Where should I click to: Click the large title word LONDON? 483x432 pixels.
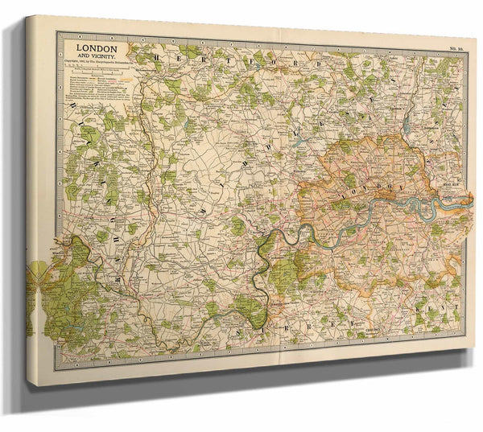(96, 48)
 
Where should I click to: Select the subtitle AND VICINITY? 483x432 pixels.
(97, 58)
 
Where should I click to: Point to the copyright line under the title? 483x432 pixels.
(96, 65)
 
